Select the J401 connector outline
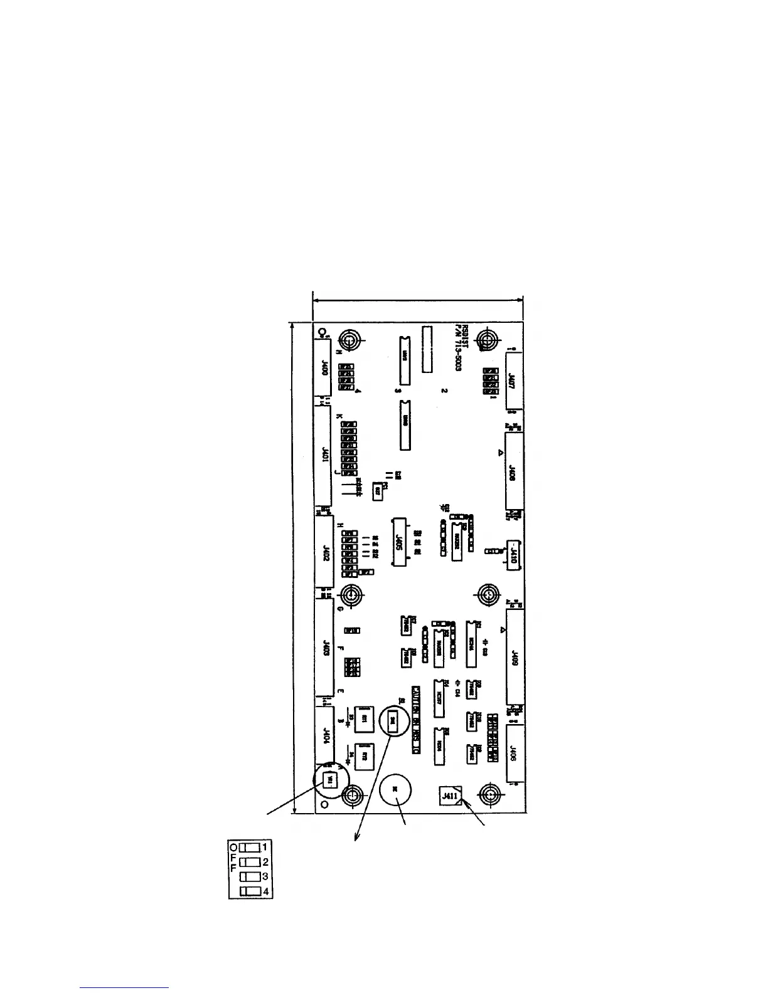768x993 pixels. (323, 455)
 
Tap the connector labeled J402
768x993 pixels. (324, 552)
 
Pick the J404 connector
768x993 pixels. (325, 734)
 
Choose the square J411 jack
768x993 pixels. (449, 796)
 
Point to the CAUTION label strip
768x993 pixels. (415, 720)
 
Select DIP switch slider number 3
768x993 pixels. (249, 876)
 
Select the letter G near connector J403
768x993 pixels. (339, 608)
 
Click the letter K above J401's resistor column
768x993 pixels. (339, 416)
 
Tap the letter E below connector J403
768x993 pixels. (340, 691)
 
